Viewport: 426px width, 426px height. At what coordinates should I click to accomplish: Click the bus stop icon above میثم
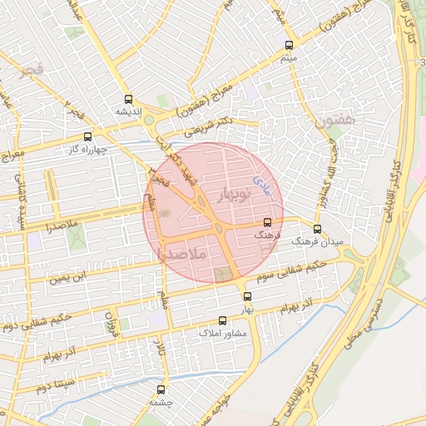click(289, 46)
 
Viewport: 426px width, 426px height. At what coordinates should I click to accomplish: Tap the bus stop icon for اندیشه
click(127, 98)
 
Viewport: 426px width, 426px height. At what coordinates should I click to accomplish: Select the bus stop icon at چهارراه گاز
click(87, 136)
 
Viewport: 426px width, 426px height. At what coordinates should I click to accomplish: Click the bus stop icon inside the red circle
click(267, 222)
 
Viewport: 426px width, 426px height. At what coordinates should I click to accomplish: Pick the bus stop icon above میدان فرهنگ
click(316, 229)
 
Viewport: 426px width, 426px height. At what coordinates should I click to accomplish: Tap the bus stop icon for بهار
click(247, 296)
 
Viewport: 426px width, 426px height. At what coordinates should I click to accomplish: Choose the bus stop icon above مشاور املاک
click(222, 320)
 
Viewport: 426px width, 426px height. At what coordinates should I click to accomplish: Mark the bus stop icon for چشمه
click(161, 389)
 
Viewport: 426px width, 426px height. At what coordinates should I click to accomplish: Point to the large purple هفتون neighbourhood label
click(335, 120)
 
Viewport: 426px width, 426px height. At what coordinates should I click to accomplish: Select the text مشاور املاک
click(220, 332)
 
